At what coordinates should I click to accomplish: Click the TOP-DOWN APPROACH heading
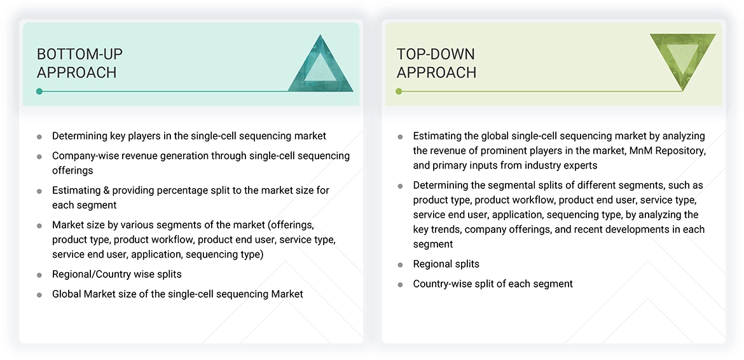[436, 63]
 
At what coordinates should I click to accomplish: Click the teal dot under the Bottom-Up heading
[39, 92]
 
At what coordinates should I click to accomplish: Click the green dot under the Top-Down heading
[399, 92]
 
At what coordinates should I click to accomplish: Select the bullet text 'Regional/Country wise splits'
[116, 274]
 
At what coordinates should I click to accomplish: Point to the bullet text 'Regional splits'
[446, 264]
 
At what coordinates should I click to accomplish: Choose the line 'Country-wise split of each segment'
[492, 284]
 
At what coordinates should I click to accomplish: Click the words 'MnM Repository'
[670, 151]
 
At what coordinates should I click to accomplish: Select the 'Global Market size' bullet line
[177, 294]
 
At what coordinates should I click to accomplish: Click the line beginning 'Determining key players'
[189, 135]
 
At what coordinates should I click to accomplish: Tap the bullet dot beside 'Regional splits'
[400, 265]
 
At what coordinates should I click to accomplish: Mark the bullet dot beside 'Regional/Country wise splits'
[39, 275]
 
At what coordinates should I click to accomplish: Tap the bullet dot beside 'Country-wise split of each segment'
[400, 284]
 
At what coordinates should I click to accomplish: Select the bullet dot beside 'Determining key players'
[39, 136]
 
